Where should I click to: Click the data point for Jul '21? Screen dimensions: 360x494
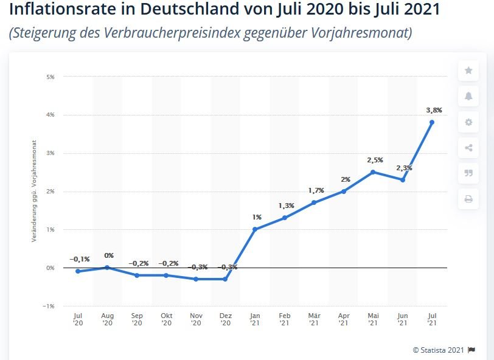[432, 122]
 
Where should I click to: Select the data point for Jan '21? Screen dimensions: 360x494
[255, 229]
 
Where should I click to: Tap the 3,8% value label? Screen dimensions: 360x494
[434, 110]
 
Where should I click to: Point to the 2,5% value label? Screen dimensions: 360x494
[375, 160]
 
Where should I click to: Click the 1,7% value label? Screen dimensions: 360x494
[315, 190]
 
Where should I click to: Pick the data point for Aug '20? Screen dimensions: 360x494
[108, 268]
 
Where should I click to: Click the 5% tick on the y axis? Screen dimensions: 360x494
[50, 77]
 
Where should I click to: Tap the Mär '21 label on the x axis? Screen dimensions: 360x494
[314, 320]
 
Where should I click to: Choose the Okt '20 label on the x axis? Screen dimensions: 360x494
[166, 320]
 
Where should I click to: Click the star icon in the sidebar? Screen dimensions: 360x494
[468, 71]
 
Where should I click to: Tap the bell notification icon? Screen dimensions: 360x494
[468, 96]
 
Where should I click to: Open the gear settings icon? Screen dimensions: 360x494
[468, 122]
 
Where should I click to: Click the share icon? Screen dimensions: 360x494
[468, 148]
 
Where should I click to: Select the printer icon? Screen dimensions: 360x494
[468, 198]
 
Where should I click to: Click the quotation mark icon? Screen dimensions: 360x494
[468, 173]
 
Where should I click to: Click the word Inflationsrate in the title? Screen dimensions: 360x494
[61, 10]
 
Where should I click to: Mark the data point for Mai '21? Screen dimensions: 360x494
[373, 172]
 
